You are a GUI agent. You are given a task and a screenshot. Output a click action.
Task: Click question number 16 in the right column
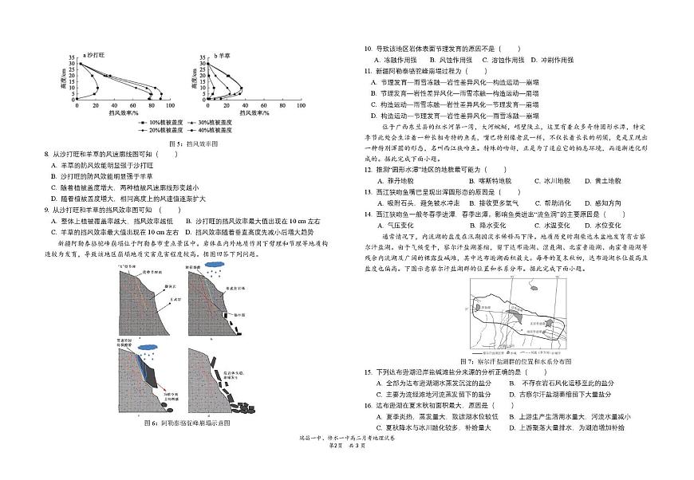368,405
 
